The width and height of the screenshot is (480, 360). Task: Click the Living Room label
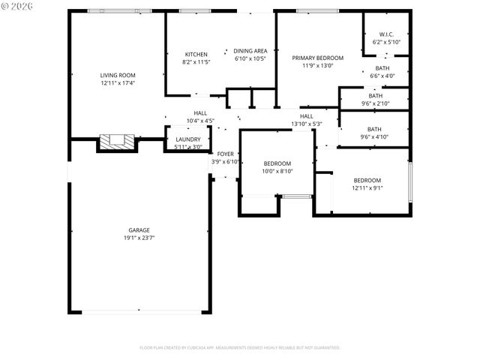coord(118,75)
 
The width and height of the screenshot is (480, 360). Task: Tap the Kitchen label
coord(196,54)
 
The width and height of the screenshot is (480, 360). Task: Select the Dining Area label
coord(250,51)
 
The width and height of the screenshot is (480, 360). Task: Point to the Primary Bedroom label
coord(318,58)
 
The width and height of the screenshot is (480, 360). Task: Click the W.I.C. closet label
coord(386,34)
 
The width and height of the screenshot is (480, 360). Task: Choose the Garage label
coord(139,230)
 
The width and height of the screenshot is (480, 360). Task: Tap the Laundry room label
coord(187,139)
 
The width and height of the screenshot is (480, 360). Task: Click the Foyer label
coord(225,154)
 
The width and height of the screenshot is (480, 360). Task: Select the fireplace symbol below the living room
coord(117,141)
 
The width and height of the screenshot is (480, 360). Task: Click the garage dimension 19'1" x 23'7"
coord(139,238)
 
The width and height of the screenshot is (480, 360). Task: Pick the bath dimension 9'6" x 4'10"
coord(374,136)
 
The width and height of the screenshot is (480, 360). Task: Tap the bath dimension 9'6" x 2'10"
coord(374,103)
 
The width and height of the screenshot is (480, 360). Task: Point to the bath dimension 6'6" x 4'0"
coord(382,76)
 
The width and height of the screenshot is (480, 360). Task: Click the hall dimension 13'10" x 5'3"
coord(307,124)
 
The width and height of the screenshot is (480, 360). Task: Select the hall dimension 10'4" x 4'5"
coord(200,120)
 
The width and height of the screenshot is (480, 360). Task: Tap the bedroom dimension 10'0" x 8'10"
coord(277,171)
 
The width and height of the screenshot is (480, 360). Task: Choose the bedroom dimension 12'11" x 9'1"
coord(367,188)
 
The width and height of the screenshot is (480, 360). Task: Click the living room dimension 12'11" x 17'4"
coord(118,82)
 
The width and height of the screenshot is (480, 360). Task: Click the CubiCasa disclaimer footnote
coord(240,348)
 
